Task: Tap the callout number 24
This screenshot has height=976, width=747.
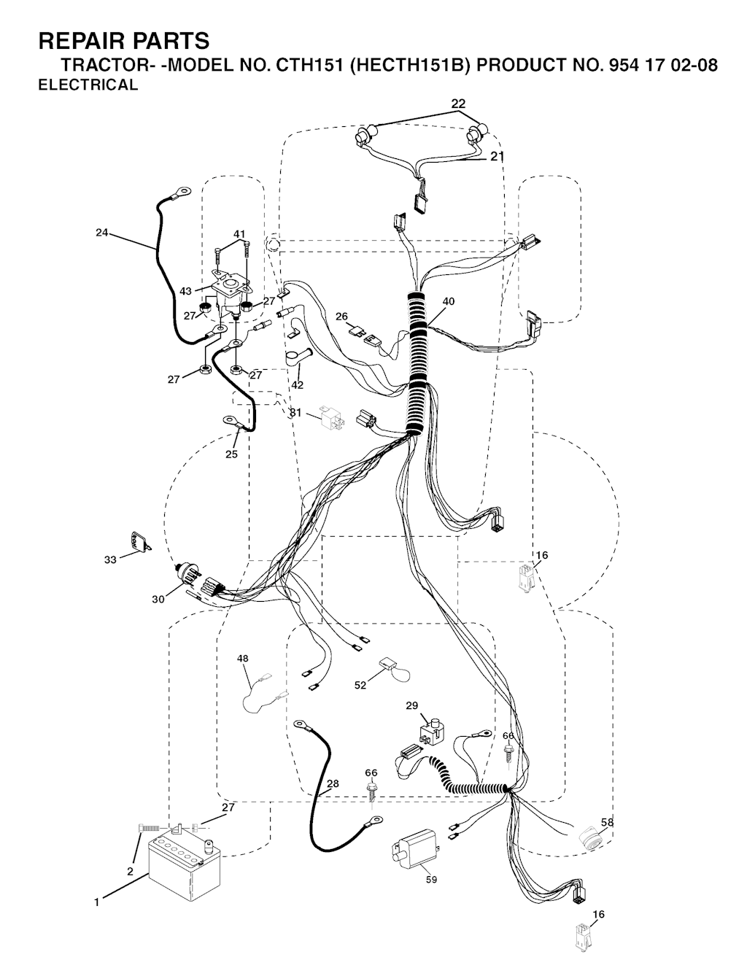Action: point(102,232)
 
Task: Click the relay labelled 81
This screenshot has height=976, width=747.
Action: point(330,418)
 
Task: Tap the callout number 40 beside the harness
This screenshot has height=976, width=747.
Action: point(448,301)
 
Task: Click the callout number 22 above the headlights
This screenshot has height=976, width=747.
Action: point(458,104)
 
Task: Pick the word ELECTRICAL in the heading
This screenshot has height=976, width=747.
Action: point(88,85)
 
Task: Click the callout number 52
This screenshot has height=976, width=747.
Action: point(360,685)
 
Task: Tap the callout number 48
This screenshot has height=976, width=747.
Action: point(243,658)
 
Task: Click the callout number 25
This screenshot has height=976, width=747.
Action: point(231,454)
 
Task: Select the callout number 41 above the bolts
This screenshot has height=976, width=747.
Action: point(239,234)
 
